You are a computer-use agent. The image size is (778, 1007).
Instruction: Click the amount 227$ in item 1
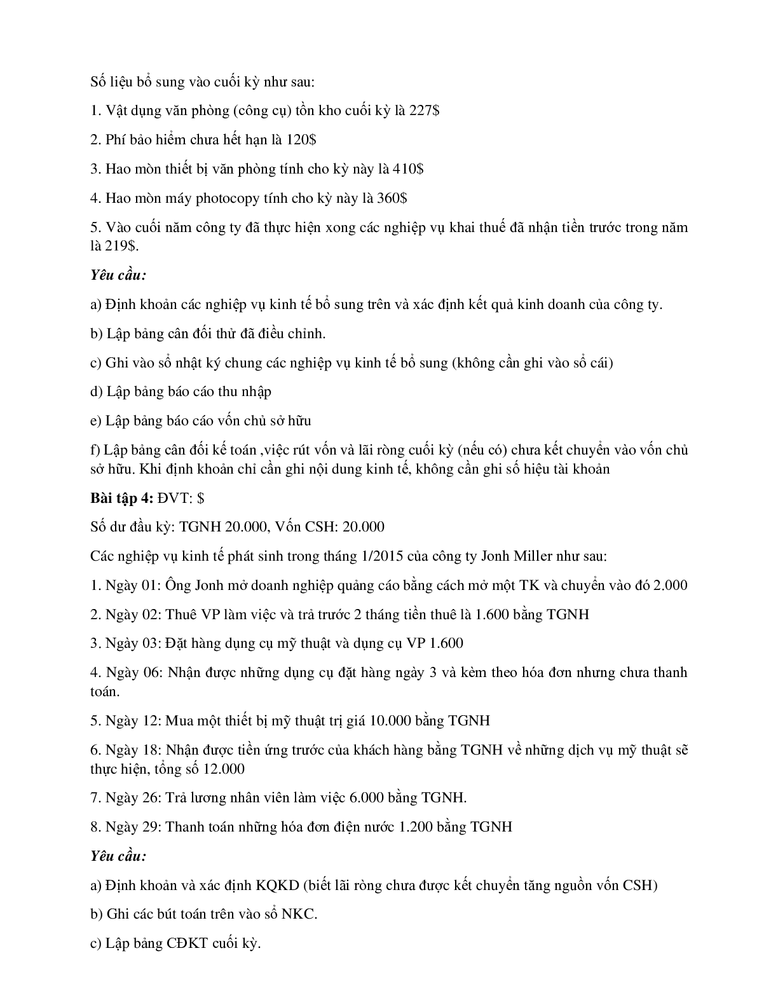pos(423,111)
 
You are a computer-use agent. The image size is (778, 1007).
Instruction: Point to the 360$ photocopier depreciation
pos(392,198)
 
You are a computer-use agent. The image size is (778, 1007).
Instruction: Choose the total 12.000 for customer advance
pos(223,769)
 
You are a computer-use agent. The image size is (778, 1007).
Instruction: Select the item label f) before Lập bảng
pos(96,451)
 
